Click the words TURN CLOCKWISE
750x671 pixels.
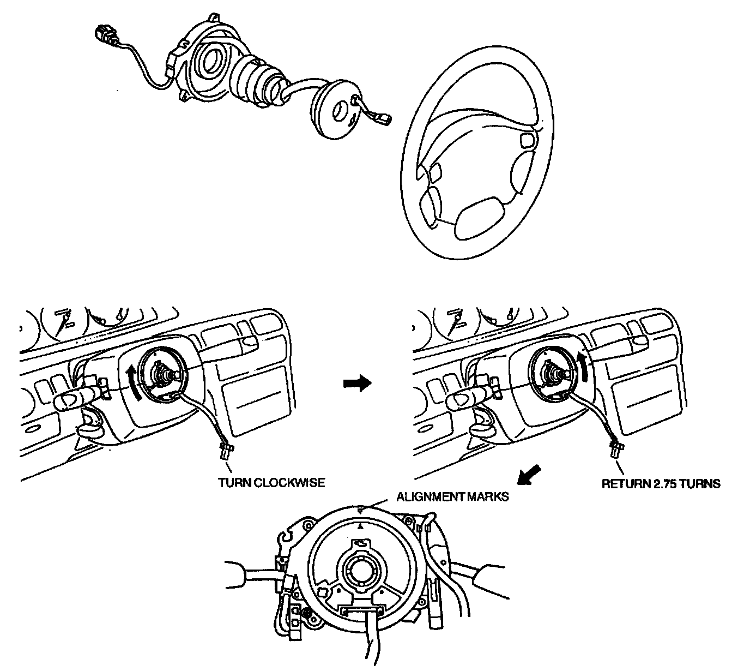point(271,483)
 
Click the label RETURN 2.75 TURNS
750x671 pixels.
point(661,484)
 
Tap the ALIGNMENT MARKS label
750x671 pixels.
point(452,497)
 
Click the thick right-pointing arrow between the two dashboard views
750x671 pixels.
point(357,384)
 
